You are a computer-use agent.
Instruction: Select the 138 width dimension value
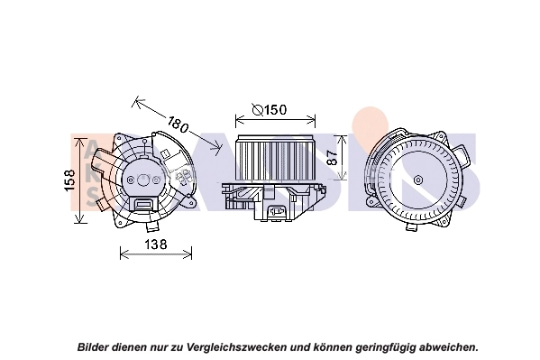156,245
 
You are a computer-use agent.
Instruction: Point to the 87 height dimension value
332,155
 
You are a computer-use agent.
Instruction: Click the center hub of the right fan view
418,180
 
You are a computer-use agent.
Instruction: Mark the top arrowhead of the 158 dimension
83,136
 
